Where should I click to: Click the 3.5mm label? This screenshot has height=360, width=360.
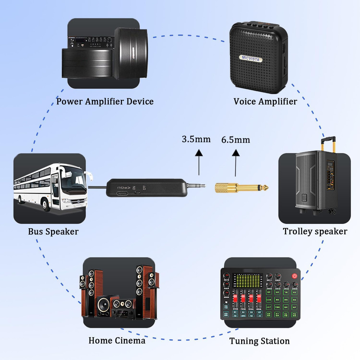click(x=196, y=139)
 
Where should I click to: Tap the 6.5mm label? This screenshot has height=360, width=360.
click(x=235, y=140)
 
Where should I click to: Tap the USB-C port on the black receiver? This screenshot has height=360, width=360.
click(x=123, y=193)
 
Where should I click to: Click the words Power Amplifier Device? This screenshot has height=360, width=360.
click(x=105, y=102)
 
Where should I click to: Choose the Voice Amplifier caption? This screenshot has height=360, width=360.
click(x=265, y=102)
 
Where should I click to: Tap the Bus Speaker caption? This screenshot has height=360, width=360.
click(x=53, y=231)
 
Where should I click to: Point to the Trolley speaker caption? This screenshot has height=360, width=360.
click(x=315, y=231)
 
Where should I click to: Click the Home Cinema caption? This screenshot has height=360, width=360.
click(x=117, y=341)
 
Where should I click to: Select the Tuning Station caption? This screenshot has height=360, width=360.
click(x=260, y=341)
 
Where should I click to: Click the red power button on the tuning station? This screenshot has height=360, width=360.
click(x=295, y=276)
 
